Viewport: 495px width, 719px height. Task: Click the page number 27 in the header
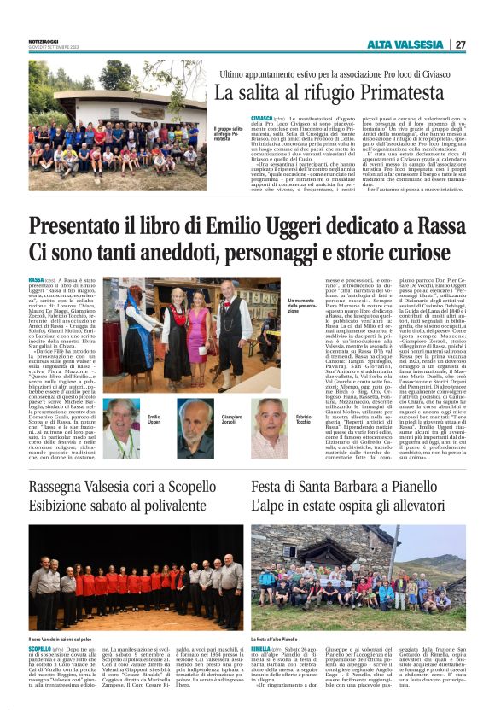(460, 44)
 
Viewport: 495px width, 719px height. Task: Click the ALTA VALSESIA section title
(406, 44)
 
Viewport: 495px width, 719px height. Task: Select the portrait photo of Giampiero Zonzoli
(195, 426)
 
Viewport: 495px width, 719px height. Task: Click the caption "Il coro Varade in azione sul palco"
(61, 639)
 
